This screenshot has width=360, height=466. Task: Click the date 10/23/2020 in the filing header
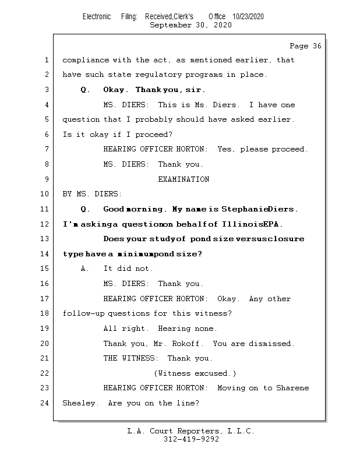pyautogui.click(x=248, y=17)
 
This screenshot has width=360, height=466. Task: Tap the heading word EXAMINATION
pyautogui.click(x=183, y=179)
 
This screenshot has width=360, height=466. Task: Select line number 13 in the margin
pyautogui.click(x=45, y=239)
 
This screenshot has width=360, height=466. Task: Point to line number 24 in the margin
pyautogui.click(x=45, y=403)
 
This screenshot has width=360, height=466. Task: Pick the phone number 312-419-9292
pyautogui.click(x=191, y=440)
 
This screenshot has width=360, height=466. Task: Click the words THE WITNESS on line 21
pyautogui.click(x=130, y=358)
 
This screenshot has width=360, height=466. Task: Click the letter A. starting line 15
pyautogui.click(x=85, y=269)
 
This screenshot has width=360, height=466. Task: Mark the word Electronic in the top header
pyautogui.click(x=97, y=17)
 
